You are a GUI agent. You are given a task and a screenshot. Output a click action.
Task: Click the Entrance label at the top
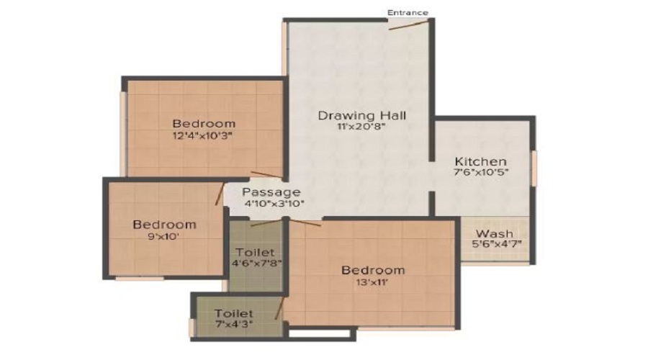point(408,13)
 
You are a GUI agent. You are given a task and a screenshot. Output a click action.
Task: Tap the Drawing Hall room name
point(362,115)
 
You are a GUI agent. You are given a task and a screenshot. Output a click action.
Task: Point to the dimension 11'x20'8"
point(361,127)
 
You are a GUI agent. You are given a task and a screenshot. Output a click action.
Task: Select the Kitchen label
point(481,161)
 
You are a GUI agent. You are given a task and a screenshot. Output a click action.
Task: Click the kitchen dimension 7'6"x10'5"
point(481,172)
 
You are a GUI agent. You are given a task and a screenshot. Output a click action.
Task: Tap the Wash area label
point(494,233)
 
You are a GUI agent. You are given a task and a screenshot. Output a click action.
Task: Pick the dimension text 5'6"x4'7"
point(497,244)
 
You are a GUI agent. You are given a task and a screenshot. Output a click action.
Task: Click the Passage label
point(271,192)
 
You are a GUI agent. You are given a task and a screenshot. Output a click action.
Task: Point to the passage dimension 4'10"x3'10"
point(274,203)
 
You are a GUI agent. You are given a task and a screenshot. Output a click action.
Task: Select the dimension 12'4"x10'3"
point(203,135)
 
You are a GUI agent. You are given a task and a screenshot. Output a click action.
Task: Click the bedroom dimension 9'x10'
point(163,237)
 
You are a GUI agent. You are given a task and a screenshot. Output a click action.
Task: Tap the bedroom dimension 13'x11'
point(372,282)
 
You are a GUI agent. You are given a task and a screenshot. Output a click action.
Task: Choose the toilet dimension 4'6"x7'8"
point(256,263)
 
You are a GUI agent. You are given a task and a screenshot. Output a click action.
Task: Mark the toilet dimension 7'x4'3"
point(234,324)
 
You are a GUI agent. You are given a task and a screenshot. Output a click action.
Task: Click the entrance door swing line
point(408,26)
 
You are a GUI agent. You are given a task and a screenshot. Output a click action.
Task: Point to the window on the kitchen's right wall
point(534,168)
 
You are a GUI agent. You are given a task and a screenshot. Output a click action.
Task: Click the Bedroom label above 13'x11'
point(373,271)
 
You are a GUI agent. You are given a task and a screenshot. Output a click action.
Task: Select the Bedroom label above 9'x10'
point(164,225)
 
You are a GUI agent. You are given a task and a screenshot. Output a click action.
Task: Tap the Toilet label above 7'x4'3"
point(234,314)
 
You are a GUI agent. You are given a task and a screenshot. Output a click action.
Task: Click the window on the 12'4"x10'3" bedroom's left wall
point(122,133)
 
